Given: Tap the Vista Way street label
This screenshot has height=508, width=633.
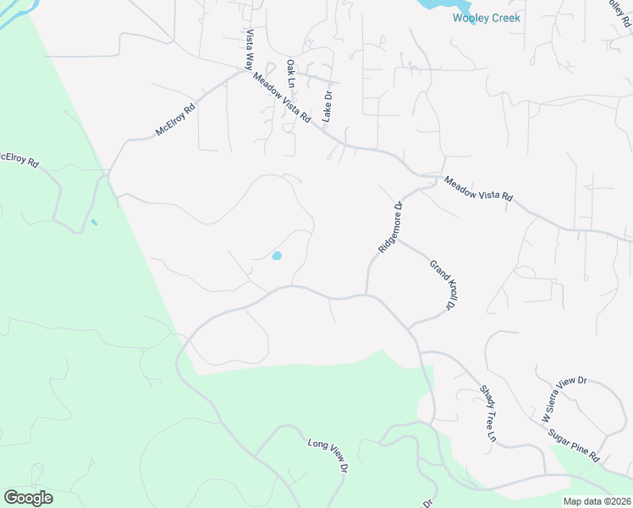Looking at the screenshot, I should pyautogui.click(x=250, y=50).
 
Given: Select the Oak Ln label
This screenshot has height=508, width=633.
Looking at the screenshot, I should pyautogui.click(x=290, y=74).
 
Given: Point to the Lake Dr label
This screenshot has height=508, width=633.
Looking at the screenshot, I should pyautogui.click(x=328, y=108).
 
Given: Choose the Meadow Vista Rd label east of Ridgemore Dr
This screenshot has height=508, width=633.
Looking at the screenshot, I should pyautogui.click(x=478, y=189).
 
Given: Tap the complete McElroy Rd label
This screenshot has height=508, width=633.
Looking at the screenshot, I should pyautogui.click(x=175, y=120).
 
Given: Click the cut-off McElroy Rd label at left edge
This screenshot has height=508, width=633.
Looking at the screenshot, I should pyautogui.click(x=19, y=158).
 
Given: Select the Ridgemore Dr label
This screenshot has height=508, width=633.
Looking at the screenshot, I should pyautogui.click(x=388, y=227).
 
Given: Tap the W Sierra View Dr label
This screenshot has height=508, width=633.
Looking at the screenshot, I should pyautogui.click(x=564, y=399).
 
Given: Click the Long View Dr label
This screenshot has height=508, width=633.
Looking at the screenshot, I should pyautogui.click(x=328, y=456).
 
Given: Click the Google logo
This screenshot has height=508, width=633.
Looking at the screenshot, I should pyautogui.click(x=28, y=498).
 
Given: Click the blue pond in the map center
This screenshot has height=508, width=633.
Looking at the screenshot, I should pyautogui.click(x=277, y=256).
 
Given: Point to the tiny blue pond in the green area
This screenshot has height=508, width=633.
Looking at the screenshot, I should pyautogui.click(x=94, y=223).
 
